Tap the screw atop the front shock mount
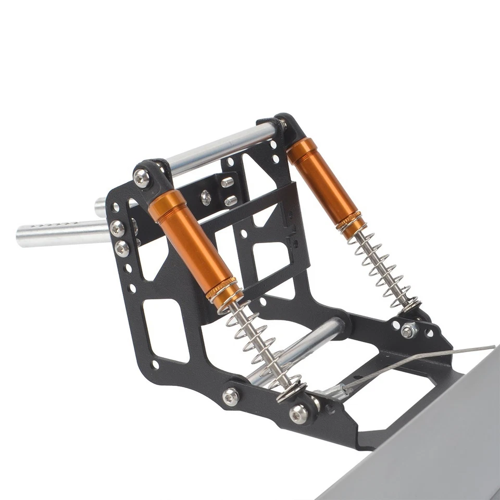141,178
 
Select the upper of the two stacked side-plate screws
117,228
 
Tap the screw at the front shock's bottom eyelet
299,414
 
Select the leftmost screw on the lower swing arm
230,397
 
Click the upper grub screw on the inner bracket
227,182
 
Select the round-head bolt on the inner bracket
206,197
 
